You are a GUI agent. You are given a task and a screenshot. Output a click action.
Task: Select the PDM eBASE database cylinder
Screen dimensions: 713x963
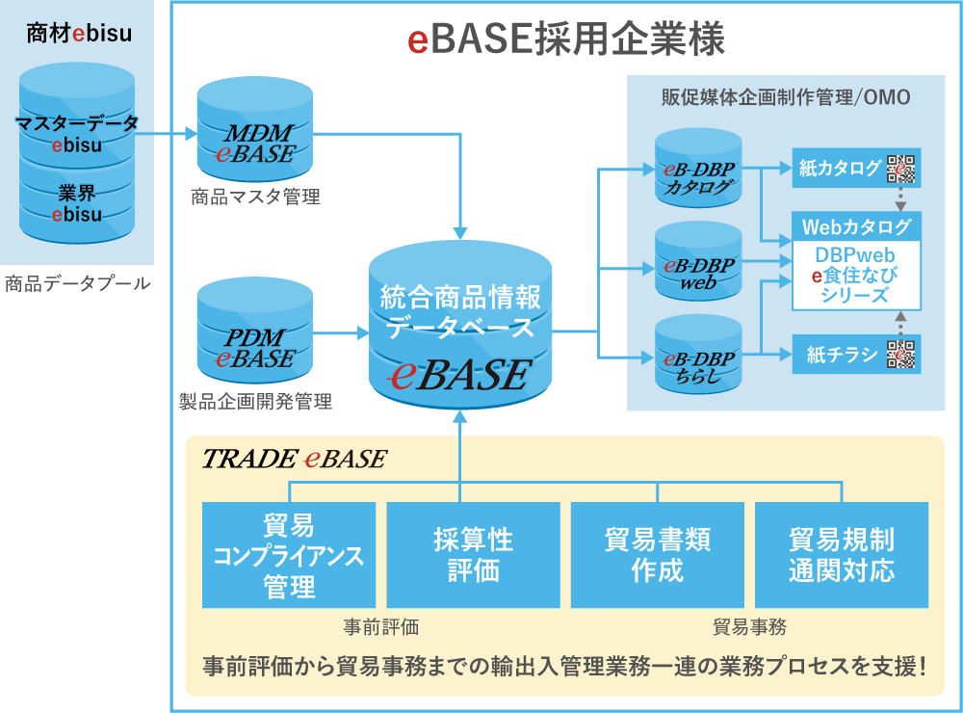pyautogui.click(x=255, y=332)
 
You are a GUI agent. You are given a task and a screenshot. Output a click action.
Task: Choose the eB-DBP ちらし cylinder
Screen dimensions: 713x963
pyautogui.click(x=698, y=356)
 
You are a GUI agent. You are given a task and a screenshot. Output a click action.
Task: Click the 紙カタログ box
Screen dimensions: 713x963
pyautogui.click(x=839, y=169)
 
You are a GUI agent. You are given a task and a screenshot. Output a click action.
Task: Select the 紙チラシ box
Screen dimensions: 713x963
pyautogui.click(x=839, y=354)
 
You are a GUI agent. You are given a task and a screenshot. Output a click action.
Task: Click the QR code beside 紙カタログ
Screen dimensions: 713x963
pyautogui.click(x=901, y=169)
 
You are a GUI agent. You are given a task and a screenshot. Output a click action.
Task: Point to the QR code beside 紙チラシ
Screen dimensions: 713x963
pyautogui.click(x=901, y=354)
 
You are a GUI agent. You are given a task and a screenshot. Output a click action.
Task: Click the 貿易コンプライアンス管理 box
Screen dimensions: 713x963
pyautogui.click(x=289, y=555)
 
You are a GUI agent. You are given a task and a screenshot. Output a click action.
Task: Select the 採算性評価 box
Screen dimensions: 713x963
pyautogui.click(x=473, y=555)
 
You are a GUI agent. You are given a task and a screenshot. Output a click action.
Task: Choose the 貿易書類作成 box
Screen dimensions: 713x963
pyautogui.click(x=658, y=555)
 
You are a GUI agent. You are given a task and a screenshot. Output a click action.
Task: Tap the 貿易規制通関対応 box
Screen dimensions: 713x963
pyautogui.click(x=842, y=555)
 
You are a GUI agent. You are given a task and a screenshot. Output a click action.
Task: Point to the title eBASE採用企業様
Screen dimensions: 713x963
pyautogui.click(x=566, y=40)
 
